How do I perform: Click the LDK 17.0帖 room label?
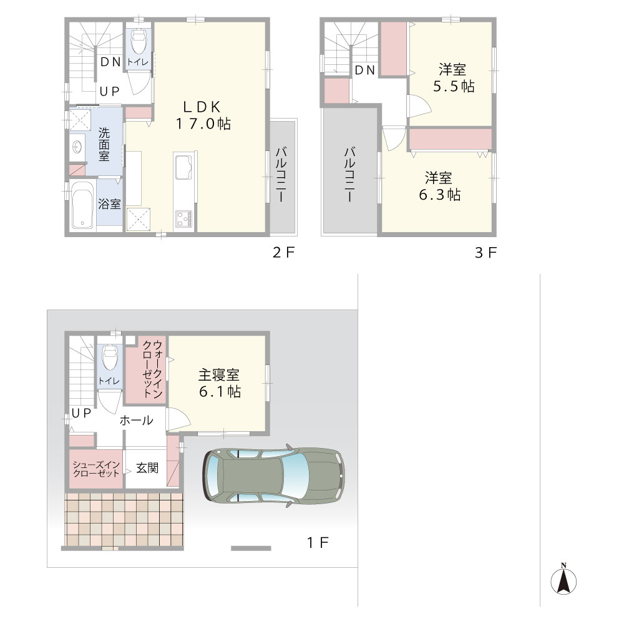tap(203, 115)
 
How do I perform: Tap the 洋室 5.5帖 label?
tap(454, 78)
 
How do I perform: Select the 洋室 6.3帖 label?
tap(440, 186)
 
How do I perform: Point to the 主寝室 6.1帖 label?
tap(220, 383)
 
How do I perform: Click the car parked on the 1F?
tap(274, 476)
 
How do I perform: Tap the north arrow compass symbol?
tap(563, 580)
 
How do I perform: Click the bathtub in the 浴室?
tap(83, 205)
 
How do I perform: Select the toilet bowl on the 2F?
tap(139, 41)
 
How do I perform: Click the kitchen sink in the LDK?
tap(183, 167)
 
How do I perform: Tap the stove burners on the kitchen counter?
tap(183, 219)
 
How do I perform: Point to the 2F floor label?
tap(283, 252)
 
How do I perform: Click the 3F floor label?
tap(486, 252)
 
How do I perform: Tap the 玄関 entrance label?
tap(147, 468)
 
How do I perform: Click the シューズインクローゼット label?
tap(96, 469)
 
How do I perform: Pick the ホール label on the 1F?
tap(136, 420)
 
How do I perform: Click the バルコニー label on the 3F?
tap(350, 174)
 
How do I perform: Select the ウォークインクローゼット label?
tap(152, 369)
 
